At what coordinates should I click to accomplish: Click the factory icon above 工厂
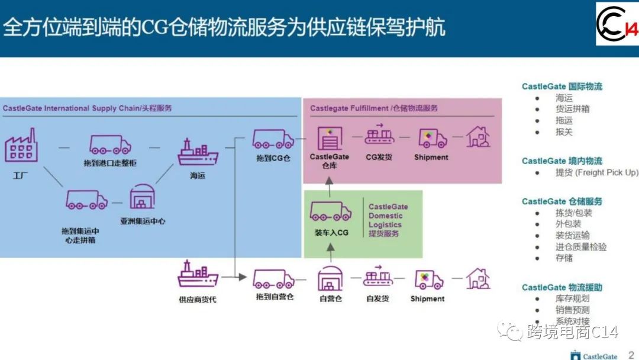coord(21,146)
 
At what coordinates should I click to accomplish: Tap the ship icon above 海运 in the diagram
coord(198,152)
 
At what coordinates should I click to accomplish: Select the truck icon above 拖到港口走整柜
coord(110,144)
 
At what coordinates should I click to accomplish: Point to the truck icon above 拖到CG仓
coord(273,139)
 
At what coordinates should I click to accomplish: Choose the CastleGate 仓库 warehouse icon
coord(330,138)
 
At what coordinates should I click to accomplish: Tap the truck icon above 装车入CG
coord(331,212)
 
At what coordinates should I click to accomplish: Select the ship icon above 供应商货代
coord(198,275)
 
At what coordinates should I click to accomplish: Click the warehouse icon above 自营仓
coord(330,278)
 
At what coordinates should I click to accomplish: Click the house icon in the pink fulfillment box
coord(477,137)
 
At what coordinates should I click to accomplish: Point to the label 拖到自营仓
coord(275,297)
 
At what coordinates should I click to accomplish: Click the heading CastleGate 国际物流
coord(561,86)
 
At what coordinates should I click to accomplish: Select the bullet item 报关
coord(564,132)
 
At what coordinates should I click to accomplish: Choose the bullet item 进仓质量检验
coord(580,247)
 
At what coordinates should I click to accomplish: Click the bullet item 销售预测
coord(572,310)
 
